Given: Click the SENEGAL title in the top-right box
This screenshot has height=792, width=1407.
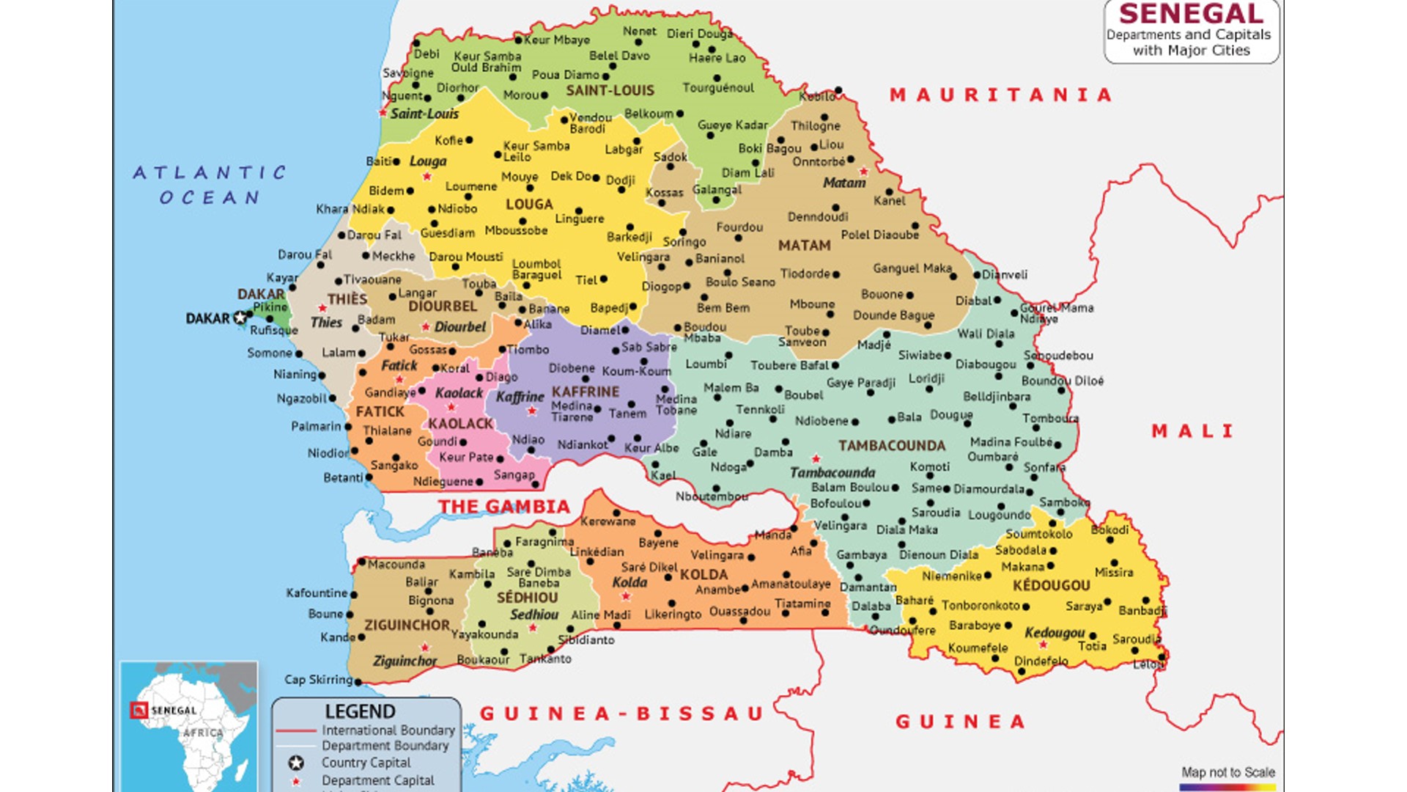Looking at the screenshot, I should [x=1191, y=14].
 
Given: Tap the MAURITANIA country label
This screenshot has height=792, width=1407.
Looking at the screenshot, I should [x=1001, y=95].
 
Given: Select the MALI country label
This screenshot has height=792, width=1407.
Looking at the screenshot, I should [x=1192, y=431].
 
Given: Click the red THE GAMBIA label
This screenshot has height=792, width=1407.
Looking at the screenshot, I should [x=504, y=507].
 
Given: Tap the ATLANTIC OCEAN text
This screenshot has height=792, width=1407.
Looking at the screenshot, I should [x=210, y=185].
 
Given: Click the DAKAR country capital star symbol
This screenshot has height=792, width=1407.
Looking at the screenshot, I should [x=240, y=318].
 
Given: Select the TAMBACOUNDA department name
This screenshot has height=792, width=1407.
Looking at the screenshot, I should [x=892, y=446].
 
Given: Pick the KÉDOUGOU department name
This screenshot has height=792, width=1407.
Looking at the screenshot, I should [x=1051, y=585].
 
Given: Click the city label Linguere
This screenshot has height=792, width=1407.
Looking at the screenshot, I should [x=579, y=219].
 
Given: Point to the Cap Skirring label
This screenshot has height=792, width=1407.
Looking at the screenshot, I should [x=318, y=680].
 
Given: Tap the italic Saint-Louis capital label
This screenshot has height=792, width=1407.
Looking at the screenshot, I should [x=424, y=114].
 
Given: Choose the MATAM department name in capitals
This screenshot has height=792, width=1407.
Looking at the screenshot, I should [x=804, y=246].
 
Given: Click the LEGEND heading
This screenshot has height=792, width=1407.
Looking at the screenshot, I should [x=360, y=711].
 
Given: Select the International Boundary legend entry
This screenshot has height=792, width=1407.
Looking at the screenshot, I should [x=388, y=730].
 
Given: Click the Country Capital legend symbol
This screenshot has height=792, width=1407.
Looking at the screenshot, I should [x=296, y=763].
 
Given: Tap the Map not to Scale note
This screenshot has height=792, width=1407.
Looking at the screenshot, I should [x=1227, y=772].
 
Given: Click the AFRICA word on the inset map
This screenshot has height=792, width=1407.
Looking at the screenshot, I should [x=203, y=733].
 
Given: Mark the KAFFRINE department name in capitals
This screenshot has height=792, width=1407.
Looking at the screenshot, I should [x=585, y=392].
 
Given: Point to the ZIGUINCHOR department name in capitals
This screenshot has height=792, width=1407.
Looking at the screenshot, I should [x=407, y=626].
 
